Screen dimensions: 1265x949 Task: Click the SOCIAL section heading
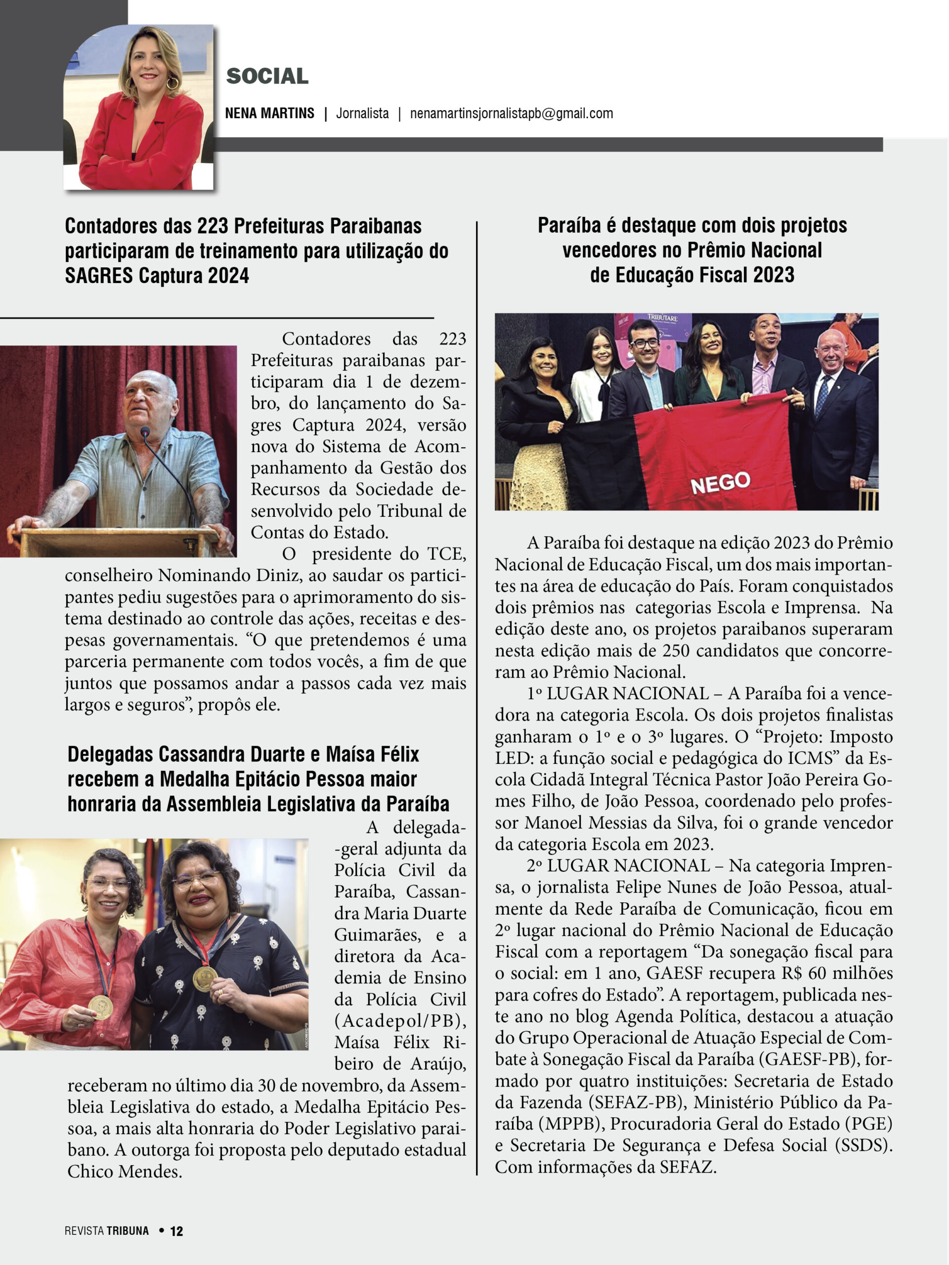[x=267, y=76]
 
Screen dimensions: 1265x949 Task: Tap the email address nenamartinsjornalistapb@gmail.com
[x=512, y=113]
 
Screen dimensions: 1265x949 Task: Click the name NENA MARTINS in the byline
[x=269, y=113]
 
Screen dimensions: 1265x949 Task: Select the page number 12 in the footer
[x=177, y=1231]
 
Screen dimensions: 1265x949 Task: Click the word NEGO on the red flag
[x=720, y=483]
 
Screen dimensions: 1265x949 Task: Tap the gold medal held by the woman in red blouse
[x=101, y=1007]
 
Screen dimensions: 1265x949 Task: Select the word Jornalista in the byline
[x=362, y=113]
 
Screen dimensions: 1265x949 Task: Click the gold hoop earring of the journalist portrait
[x=172, y=84]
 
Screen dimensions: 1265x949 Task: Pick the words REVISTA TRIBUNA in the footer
[x=106, y=1231]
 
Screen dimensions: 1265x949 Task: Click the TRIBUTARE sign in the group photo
[x=662, y=317]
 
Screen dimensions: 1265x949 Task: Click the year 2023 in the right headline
[x=774, y=275]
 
